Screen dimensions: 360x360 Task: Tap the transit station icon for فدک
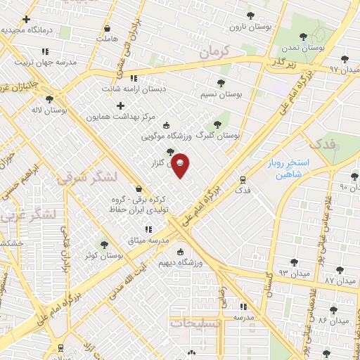pyautogui.click(x=243, y=179)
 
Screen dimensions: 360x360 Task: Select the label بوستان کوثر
pyautogui.click(x=103, y=256)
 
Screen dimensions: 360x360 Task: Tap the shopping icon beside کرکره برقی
pyautogui.click(x=139, y=188)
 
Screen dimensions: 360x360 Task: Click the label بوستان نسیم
pyautogui.click(x=221, y=94)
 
